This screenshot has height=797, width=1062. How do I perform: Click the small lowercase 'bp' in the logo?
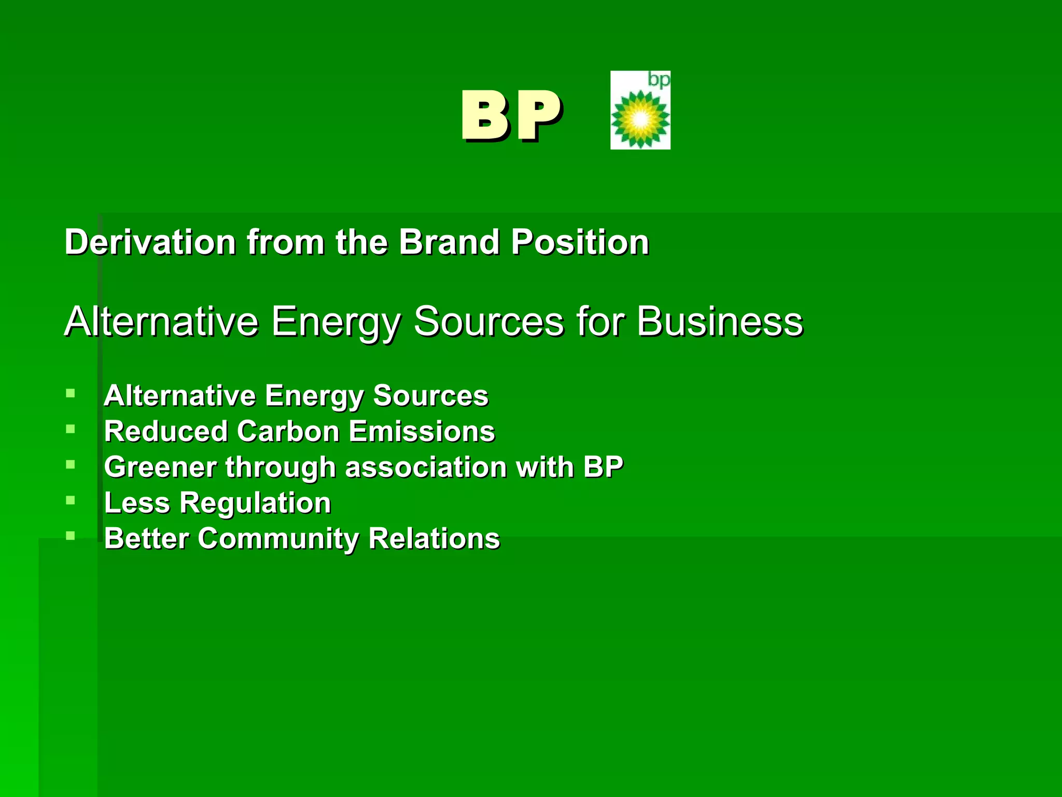pyautogui.click(x=659, y=80)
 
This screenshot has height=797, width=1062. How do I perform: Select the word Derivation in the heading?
pyautogui.click(x=150, y=242)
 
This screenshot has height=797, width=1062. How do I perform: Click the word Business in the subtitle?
pyautogui.click(x=719, y=321)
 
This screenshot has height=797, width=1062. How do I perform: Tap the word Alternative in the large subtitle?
pyautogui.click(x=161, y=321)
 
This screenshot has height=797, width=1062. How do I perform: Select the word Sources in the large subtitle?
pyautogui.click(x=489, y=321)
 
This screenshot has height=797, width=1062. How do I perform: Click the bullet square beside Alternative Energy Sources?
pyautogui.click(x=71, y=393)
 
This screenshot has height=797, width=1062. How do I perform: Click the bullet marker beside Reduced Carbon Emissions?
pyautogui.click(x=71, y=429)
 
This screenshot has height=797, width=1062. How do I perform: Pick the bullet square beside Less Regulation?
pyautogui.click(x=71, y=501)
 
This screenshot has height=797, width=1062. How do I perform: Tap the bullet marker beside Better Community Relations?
pyautogui.click(x=71, y=536)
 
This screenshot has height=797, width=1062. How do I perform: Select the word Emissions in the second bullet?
pyautogui.click(x=422, y=431)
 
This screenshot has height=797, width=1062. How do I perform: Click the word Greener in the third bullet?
pyautogui.click(x=160, y=467)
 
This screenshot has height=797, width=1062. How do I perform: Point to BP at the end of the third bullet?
pyautogui.click(x=603, y=467)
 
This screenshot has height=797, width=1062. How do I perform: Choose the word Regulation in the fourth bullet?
pyautogui.click(x=255, y=503)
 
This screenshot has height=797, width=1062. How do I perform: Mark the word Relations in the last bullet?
pyautogui.click(x=434, y=539)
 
